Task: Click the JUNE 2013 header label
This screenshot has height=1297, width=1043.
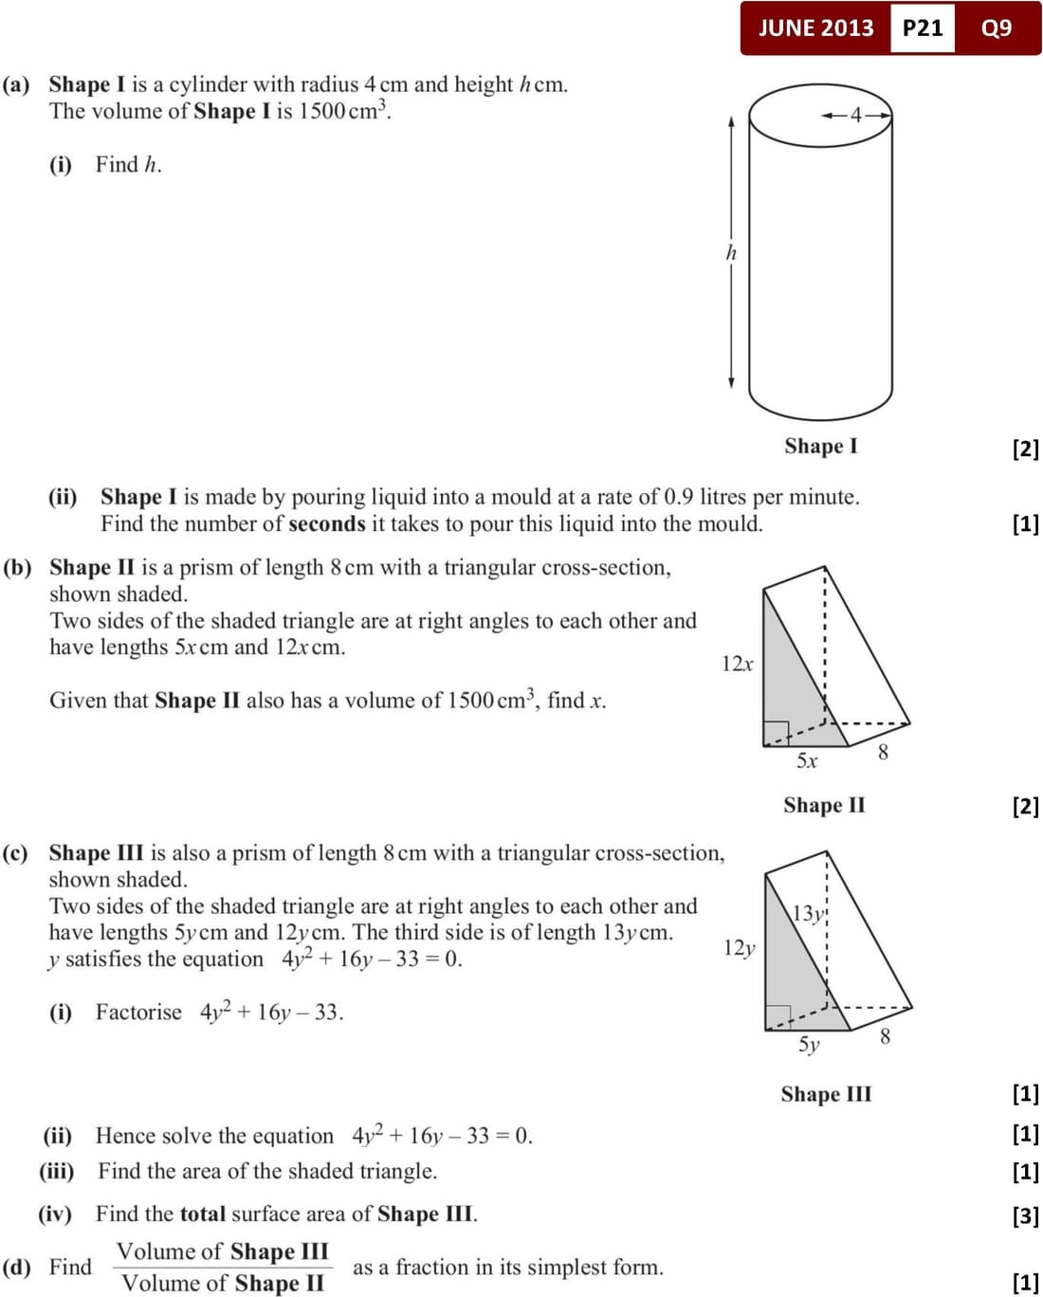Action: pyautogui.click(x=815, y=27)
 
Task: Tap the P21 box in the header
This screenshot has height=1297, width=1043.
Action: pyautogui.click(x=923, y=27)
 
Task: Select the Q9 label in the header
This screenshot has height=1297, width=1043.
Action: pyautogui.click(x=997, y=27)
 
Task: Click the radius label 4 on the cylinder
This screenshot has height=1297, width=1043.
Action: pyautogui.click(x=856, y=116)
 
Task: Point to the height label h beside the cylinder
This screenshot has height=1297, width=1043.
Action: pyautogui.click(x=731, y=252)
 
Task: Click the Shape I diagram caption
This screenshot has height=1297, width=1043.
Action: pyautogui.click(x=820, y=446)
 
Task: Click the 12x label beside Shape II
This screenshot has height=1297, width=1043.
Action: pyautogui.click(x=737, y=664)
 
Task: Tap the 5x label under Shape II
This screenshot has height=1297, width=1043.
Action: pyautogui.click(x=806, y=760)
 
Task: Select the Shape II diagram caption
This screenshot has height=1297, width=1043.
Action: pyautogui.click(x=824, y=805)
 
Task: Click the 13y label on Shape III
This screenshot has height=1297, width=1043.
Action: pyautogui.click(x=808, y=913)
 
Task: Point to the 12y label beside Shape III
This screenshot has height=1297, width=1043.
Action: pyautogui.click(x=739, y=947)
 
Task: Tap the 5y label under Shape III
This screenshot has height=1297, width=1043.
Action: pyautogui.click(x=808, y=1044)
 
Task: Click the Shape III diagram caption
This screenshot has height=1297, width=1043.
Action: pyautogui.click(x=826, y=1094)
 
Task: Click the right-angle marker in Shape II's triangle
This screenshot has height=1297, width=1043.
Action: pyautogui.click(x=776, y=733)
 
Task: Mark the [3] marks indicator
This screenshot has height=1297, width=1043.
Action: pyautogui.click(x=1025, y=1215)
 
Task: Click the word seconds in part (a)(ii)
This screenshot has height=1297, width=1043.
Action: pyautogui.click(x=327, y=523)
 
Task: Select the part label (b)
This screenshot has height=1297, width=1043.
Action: pyautogui.click(x=17, y=567)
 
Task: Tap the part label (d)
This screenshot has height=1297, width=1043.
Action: pyautogui.click(x=17, y=1267)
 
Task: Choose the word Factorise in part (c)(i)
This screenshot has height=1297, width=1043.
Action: pyautogui.click(x=138, y=1012)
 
